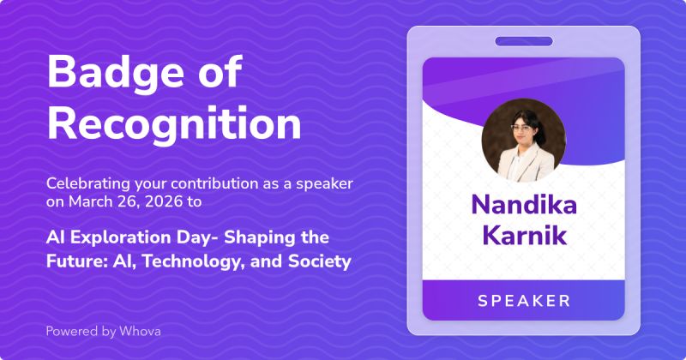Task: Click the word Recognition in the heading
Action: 173,123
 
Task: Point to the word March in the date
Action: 91,202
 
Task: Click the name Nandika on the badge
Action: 523,205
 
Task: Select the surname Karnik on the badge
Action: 523,235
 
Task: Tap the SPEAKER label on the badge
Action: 523,300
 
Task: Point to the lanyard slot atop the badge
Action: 523,40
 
